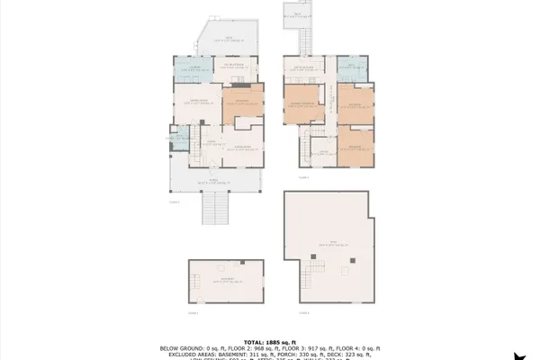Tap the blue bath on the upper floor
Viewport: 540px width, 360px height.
click(x=357, y=68)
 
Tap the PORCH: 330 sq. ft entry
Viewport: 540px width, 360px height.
click(x=310, y=353)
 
